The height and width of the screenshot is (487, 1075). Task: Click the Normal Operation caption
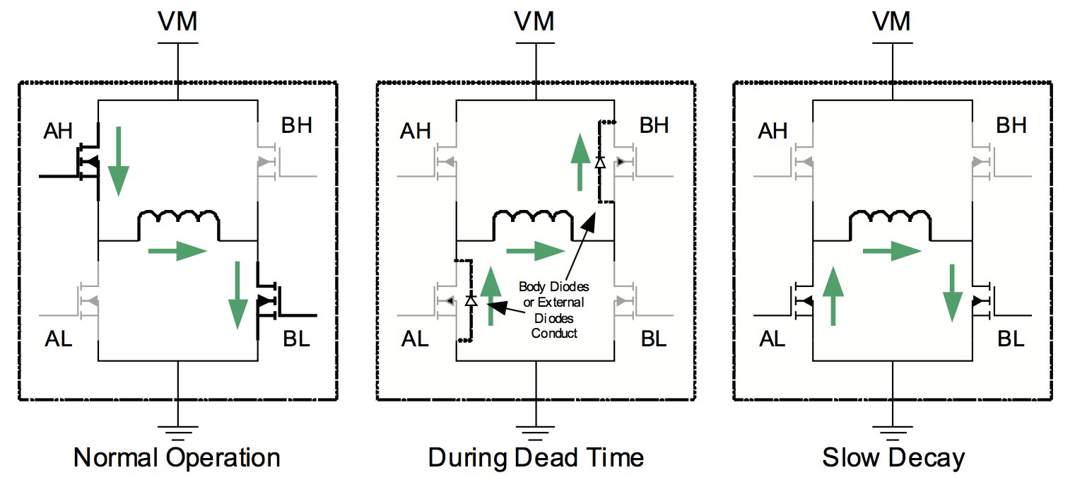[x=177, y=458]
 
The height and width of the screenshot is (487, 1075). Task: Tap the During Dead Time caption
[x=536, y=458]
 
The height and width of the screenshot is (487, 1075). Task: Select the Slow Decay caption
[x=893, y=458]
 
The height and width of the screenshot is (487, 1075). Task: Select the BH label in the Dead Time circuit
[x=654, y=126]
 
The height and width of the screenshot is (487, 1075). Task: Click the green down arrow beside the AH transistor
[x=119, y=160]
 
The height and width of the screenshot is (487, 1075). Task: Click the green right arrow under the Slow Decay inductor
[x=893, y=250]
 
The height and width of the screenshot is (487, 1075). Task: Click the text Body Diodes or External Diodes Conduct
[x=553, y=310]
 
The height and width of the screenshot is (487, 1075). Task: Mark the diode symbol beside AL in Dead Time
[x=471, y=300]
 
